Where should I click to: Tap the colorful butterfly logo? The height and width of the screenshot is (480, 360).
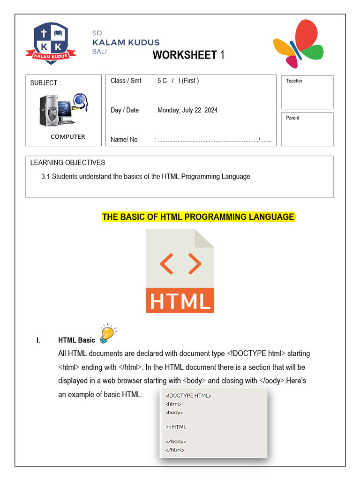298,44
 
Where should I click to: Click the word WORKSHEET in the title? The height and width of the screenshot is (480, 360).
185,55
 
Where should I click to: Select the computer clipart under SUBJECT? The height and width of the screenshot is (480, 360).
63,110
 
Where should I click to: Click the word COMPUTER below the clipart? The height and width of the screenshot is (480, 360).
68,137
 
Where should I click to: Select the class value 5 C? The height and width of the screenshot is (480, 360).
162,81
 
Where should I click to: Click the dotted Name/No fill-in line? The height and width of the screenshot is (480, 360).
209,140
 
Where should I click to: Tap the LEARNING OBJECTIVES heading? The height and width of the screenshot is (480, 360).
67,163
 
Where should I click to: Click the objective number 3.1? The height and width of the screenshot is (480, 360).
46,177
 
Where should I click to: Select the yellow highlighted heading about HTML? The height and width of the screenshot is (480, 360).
198,217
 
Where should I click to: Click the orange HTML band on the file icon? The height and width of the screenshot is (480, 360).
180,301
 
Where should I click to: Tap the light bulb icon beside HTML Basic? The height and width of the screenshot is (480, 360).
108,333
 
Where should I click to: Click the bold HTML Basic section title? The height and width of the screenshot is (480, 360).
76,340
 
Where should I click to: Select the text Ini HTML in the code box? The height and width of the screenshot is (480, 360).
176,427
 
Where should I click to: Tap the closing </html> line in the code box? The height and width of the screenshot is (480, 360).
175,450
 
